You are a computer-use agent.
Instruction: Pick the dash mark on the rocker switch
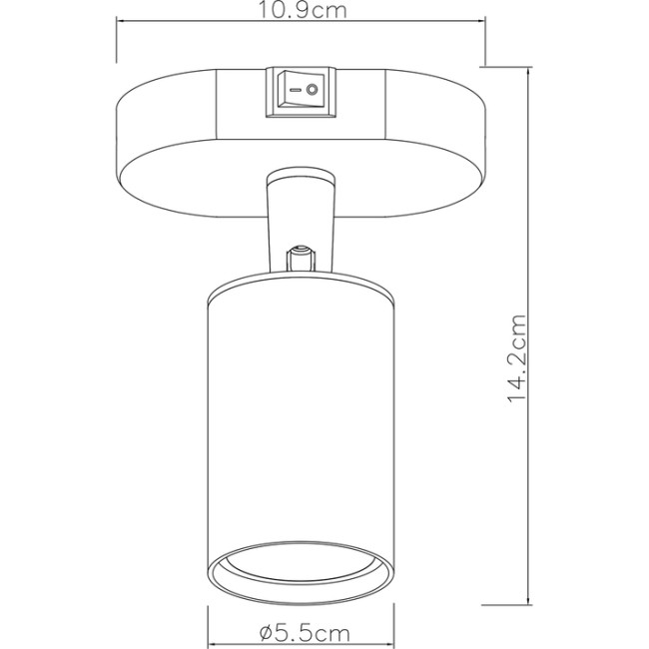point(292,92)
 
